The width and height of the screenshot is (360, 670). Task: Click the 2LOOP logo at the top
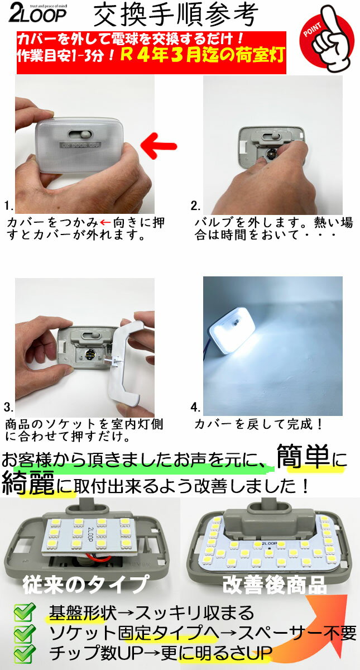pyautogui.click(x=38, y=14)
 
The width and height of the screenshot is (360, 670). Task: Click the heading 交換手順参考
pyautogui.click(x=176, y=16)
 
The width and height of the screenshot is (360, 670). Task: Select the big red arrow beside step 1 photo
pyautogui.click(x=159, y=146)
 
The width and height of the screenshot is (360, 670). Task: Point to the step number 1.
pyautogui.click(x=9, y=206)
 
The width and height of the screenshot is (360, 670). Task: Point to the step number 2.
pyautogui.click(x=195, y=206)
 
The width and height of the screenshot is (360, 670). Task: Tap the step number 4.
pyautogui.click(x=195, y=408)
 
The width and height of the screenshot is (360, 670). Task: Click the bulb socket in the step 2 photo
pyautogui.click(x=270, y=154)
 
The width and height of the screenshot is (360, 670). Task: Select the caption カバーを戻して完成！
pyautogui.click(x=258, y=424)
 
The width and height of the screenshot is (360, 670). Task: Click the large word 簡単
pyautogui.click(x=303, y=456)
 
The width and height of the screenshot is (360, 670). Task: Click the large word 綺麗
pyautogui.click(x=28, y=482)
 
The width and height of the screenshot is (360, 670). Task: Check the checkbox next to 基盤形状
pyautogui.click(x=24, y=612)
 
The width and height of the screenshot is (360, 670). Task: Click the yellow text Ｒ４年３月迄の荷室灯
pyautogui.click(x=203, y=56)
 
